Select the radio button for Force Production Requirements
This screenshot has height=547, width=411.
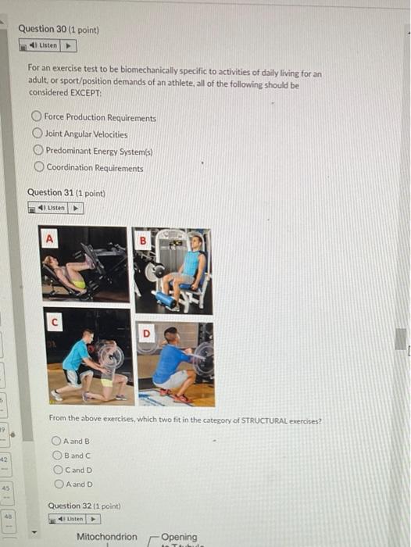[36, 118]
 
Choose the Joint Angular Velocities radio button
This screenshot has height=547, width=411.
[37, 134]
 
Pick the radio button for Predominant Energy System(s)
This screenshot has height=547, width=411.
[37, 151]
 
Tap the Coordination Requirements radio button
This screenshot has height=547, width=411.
[38, 167]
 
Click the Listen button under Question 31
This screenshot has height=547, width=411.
[55, 208]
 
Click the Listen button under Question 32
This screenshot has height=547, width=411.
[75, 519]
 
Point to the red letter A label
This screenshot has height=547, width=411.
[51, 237]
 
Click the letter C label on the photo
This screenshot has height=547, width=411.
[53, 320]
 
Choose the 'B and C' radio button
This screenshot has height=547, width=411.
[57, 455]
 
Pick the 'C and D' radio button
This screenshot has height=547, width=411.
[57, 470]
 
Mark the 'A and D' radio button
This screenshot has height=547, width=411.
[57, 484]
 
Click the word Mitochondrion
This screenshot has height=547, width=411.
[106, 537]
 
